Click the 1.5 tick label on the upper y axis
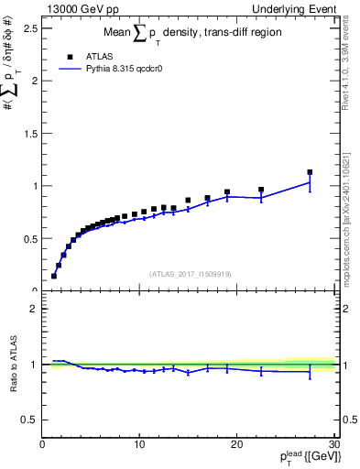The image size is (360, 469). pyautogui.click(x=31, y=133)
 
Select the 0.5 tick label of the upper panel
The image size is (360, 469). pyautogui.click(x=31, y=238)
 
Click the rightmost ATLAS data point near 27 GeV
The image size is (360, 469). pyautogui.click(x=310, y=172)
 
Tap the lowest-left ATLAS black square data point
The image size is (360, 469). pyautogui.click(x=54, y=276)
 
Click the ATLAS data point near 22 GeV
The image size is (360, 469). pyautogui.click(x=261, y=190)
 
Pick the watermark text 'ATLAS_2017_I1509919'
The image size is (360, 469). pyautogui.click(x=190, y=273)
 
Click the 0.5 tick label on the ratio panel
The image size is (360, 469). pyautogui.click(x=31, y=420)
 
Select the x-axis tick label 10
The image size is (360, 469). pyautogui.click(x=139, y=444)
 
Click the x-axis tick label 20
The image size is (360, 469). pyautogui.click(x=236, y=444)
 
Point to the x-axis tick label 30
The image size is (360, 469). pyautogui.click(x=333, y=444)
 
